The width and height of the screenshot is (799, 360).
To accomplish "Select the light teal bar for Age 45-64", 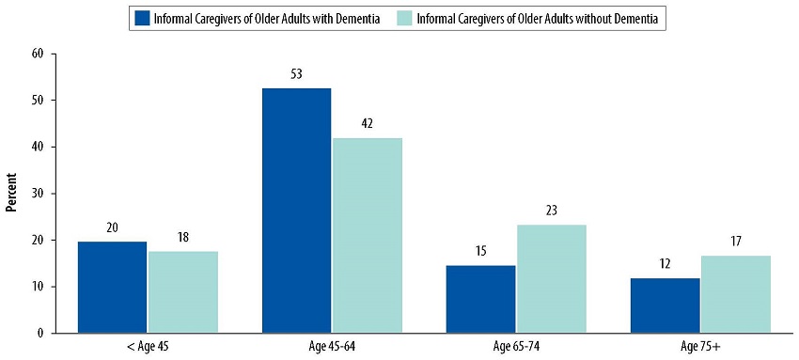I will coord(368,235).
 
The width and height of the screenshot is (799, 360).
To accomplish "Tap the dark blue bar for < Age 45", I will coord(112,287).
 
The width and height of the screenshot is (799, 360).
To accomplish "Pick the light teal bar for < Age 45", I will coord(183,291).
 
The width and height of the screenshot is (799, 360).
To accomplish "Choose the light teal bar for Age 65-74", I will coord(552,278).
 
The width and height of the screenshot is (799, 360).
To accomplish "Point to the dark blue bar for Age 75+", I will coord(666,305).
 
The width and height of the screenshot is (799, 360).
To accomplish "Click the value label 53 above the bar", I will coord(297,73).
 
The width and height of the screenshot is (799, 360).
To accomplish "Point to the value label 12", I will coord(666,263).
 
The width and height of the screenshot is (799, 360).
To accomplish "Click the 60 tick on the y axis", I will coord(39,54).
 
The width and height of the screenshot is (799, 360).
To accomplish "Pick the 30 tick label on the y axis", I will coord(39,194).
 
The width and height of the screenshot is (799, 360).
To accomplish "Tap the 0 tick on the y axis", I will coord(41,333).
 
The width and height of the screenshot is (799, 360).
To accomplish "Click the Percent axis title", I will coord(13,193).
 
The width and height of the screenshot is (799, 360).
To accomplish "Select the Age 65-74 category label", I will coord(516,347).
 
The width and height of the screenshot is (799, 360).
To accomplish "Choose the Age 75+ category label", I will coord(700,347).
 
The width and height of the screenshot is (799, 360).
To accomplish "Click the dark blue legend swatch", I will coord(143,17).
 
